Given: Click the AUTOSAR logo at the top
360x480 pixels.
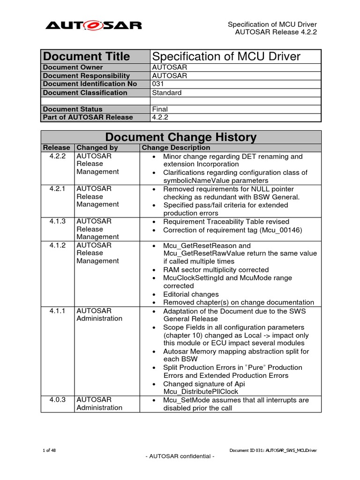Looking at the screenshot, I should point(93,25).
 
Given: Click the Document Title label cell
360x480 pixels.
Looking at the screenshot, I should point(86,57).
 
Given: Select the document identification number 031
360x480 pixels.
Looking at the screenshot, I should point(158,84).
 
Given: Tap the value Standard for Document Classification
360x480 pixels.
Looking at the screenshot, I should point(167,92).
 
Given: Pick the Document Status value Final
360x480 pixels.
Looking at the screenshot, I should point(160,109).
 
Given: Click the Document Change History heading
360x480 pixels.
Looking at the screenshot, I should point(181,137).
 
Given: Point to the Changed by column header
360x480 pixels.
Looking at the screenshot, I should point(97,148).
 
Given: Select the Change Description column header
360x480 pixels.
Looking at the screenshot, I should point(176,148).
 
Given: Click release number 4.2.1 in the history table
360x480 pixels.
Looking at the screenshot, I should point(58,188).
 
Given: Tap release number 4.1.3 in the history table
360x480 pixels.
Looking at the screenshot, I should point(58,221).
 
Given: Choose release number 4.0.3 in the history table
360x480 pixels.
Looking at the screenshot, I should point(58,400).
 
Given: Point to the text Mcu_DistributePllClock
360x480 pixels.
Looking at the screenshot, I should point(201,391).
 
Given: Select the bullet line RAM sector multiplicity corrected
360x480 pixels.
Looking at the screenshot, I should point(216,270).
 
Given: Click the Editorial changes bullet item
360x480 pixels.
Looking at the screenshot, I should point(191,294).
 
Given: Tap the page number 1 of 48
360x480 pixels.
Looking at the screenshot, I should point(49,450).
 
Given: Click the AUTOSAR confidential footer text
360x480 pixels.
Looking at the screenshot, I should point(180,457).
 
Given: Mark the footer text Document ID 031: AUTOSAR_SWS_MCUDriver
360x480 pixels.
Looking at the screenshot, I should point(273,450).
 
